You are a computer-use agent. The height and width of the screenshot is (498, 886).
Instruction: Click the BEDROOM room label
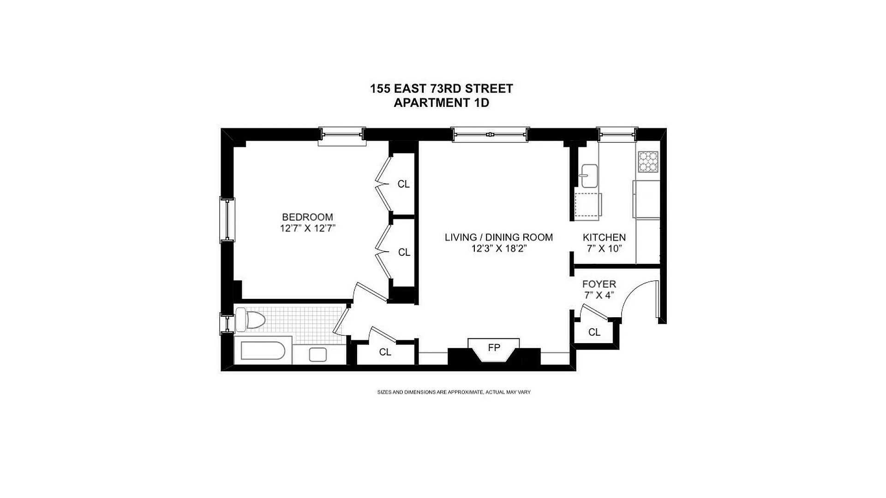point(307,217)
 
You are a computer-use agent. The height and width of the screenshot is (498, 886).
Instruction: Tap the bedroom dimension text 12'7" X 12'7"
point(307,228)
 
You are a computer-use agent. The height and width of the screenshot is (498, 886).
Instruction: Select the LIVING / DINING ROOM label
point(499,237)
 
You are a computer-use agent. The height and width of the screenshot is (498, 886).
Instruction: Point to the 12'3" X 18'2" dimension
point(499,249)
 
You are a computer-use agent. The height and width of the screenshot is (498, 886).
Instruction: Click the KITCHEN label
point(604,237)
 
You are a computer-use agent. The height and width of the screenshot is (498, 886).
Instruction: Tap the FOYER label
point(599,284)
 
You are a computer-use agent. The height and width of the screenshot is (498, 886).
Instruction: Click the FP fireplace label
point(494,348)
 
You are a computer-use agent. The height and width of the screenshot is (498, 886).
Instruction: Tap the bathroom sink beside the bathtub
point(317,355)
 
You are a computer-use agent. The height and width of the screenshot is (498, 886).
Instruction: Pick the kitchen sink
point(589,176)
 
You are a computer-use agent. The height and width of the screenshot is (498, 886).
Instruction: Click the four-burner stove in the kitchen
point(648,162)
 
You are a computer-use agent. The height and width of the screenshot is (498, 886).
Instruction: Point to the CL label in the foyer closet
point(594,332)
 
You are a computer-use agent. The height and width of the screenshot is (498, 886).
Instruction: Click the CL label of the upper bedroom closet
point(403,184)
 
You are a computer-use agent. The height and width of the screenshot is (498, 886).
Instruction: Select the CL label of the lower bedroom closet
point(404,252)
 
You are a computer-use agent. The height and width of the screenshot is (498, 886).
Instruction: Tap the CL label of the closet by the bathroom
point(385,352)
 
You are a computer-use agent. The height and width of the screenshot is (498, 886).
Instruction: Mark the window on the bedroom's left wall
point(227,219)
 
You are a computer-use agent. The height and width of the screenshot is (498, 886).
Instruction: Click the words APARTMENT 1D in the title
point(441,103)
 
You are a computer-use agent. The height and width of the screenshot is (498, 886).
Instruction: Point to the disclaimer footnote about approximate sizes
point(454,392)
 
